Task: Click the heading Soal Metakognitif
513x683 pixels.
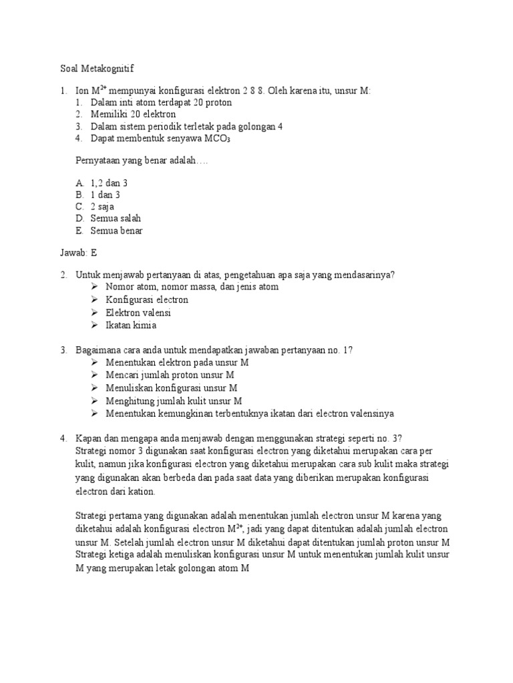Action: click(97, 68)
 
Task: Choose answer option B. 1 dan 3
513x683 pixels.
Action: click(104, 194)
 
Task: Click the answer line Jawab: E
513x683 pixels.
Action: click(79, 253)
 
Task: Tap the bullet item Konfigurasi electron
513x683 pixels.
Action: click(147, 299)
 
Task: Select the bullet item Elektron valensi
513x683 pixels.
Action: click(138, 312)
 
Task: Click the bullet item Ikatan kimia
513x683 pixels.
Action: click(131, 325)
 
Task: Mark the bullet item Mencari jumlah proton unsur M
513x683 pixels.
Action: click(170, 375)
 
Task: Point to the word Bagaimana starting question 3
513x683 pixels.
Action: click(98, 350)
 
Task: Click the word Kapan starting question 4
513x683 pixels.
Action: click(90, 438)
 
